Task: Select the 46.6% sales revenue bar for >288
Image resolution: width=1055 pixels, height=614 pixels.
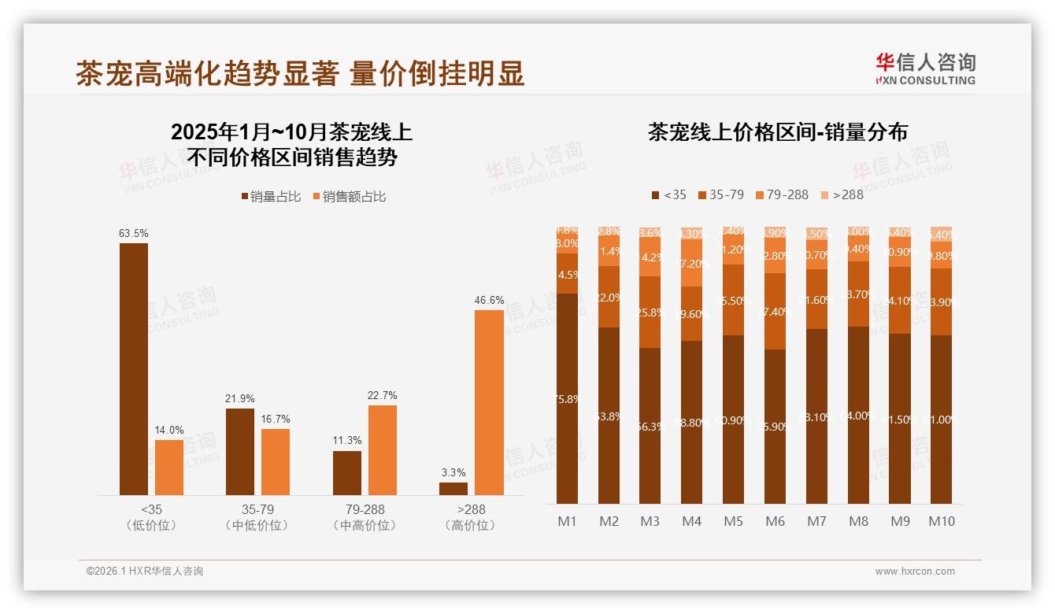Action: (x=489, y=402)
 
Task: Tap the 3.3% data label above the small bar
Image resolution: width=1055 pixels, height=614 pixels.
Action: (x=453, y=472)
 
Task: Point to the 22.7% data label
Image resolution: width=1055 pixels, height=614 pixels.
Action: (x=383, y=395)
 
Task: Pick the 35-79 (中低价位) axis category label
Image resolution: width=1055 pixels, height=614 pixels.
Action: (x=257, y=517)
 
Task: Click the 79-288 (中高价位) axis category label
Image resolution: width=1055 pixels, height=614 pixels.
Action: (x=365, y=517)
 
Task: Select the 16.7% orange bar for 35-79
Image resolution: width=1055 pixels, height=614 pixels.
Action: (x=276, y=461)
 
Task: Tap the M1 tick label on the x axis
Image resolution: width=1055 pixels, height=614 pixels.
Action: (x=567, y=521)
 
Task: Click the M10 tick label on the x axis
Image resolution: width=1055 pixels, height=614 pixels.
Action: (x=942, y=521)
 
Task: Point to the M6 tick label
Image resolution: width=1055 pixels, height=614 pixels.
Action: (x=776, y=521)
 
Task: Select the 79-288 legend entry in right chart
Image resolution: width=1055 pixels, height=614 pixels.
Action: (x=782, y=194)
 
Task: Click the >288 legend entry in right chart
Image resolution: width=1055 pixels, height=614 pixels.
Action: (x=842, y=194)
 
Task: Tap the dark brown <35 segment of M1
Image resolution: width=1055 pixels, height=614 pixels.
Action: (x=567, y=398)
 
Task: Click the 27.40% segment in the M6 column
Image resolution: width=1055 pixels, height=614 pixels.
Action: (x=776, y=312)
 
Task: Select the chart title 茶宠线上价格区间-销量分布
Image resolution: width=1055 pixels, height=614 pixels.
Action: (x=777, y=131)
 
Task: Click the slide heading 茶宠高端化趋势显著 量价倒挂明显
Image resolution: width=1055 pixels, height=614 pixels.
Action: (x=300, y=74)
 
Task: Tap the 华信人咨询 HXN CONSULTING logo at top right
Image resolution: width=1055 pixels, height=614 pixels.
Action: (x=925, y=68)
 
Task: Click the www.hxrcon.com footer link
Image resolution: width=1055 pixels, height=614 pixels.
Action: (x=915, y=571)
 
